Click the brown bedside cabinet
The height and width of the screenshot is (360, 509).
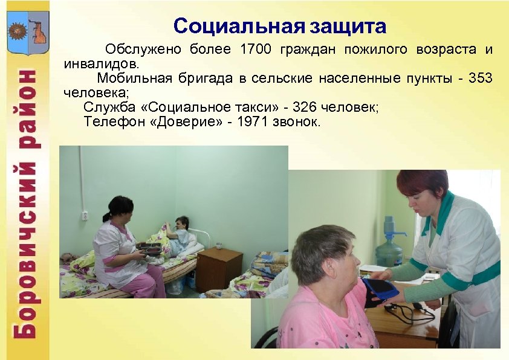coord(219,269)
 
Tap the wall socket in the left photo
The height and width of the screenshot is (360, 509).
coord(86,216)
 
